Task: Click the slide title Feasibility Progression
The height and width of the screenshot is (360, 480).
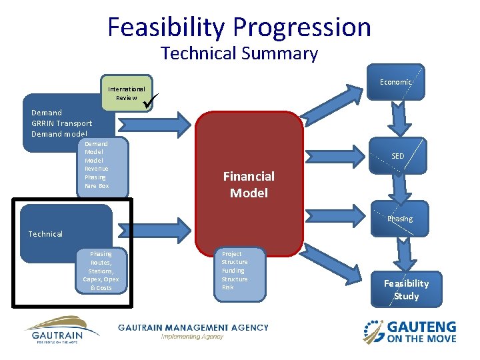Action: click(x=239, y=27)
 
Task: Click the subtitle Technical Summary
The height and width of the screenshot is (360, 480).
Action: click(x=239, y=53)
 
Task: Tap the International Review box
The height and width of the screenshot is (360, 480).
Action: click(x=127, y=93)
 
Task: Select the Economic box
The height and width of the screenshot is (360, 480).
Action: click(x=396, y=82)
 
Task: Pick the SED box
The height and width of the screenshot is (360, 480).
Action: click(x=397, y=156)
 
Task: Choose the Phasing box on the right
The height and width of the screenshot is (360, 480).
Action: click(x=400, y=219)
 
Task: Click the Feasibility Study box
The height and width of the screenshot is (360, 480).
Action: click(x=406, y=289)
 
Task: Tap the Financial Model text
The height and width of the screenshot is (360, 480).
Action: click(x=249, y=185)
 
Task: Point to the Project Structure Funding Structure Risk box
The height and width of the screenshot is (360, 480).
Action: click(x=239, y=272)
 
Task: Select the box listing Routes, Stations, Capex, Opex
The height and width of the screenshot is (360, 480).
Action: click(x=101, y=271)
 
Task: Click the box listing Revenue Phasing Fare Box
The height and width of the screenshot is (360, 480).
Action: click(x=101, y=169)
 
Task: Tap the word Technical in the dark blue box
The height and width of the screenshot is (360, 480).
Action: click(x=45, y=234)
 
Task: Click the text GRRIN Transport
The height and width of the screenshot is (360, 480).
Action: click(x=61, y=123)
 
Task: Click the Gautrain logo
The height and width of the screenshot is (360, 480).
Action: click(x=61, y=329)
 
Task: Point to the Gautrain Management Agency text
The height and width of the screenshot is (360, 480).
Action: click(x=193, y=328)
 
